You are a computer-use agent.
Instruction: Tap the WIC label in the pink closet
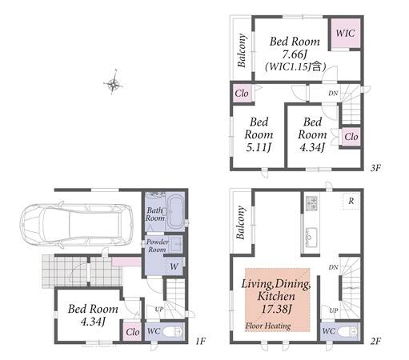345,34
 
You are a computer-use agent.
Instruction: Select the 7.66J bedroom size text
295,54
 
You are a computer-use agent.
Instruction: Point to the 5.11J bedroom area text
259,147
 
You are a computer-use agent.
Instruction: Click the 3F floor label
375,168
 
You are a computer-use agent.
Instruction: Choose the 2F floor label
375,341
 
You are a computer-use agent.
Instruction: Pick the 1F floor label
200,341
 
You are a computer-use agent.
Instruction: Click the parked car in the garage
76,224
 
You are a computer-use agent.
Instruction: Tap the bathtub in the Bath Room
175,213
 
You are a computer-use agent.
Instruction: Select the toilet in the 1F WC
172,332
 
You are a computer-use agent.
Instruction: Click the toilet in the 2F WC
347,332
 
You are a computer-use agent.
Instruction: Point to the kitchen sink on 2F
311,237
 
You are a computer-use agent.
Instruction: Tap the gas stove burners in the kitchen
312,203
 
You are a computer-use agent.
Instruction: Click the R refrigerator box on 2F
351,201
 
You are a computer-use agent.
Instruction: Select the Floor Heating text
268,326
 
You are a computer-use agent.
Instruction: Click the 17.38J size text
276,309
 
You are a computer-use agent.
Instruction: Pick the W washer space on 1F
174,266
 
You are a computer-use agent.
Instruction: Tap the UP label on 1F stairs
159,310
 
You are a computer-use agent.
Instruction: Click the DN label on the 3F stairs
333,93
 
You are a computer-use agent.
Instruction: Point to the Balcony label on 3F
242,50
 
